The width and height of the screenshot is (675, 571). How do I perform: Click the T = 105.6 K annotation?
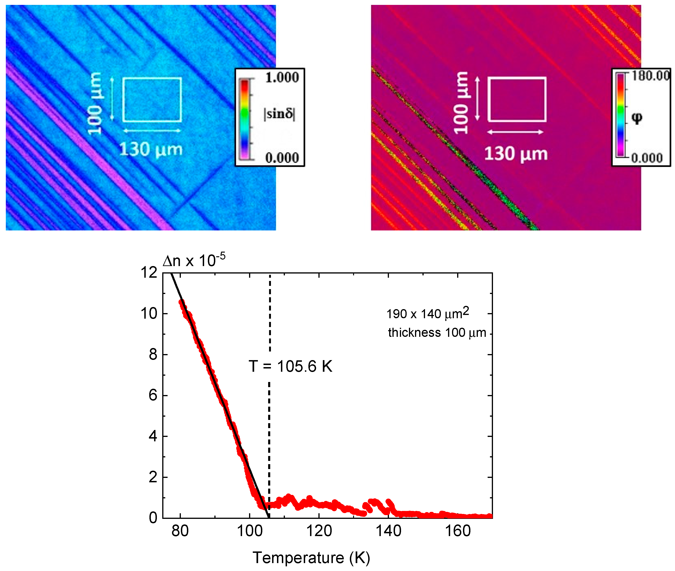coord(290,366)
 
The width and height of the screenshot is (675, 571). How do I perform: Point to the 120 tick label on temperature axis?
coord(319,531)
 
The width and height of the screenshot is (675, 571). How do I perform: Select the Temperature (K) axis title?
coord(311,558)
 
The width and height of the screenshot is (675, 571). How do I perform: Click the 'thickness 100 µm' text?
coord(437,332)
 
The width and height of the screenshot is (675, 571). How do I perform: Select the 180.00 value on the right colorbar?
coord(650,76)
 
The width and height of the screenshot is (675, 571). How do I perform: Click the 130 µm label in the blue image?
coord(151,149)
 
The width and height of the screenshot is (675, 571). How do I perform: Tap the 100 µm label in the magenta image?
coord(461,103)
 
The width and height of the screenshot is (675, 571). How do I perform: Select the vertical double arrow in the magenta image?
coord(477,99)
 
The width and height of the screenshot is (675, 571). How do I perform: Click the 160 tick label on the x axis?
coord(458,531)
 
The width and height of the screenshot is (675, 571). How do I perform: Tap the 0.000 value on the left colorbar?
coord(282,158)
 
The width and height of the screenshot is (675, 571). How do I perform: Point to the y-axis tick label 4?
coord(153,436)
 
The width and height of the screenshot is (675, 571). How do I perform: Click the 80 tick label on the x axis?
coord(180,531)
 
